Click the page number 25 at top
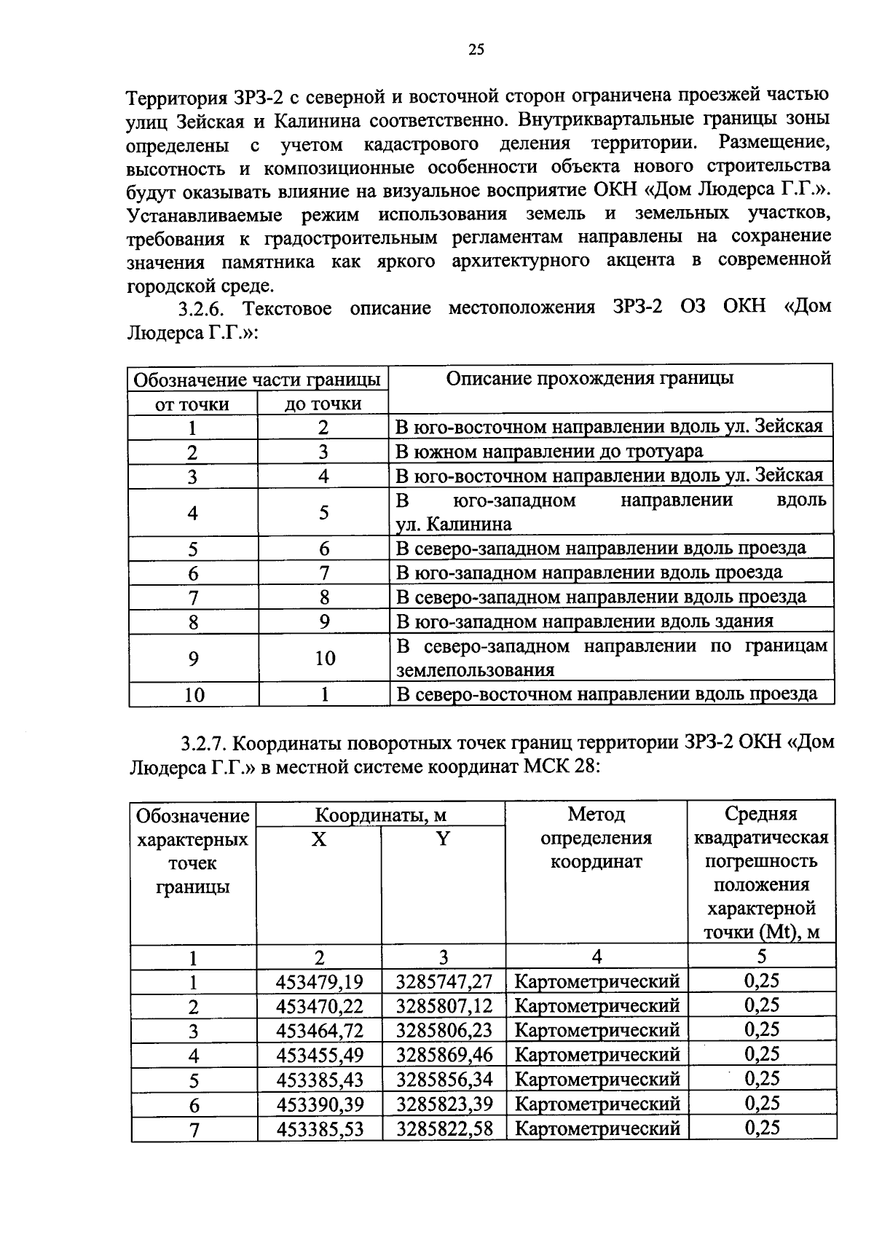[x=476, y=50]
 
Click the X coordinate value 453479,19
[x=319, y=982]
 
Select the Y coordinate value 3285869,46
[x=444, y=1054]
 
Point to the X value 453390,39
[x=319, y=1104]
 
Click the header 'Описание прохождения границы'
[x=589, y=378]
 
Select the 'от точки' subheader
[x=192, y=404]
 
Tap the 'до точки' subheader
[x=323, y=404]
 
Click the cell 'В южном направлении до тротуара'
[x=548, y=452]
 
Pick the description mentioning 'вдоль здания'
[x=584, y=621]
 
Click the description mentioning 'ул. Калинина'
[x=610, y=512]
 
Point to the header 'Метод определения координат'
[x=596, y=838]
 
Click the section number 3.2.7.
[x=206, y=743]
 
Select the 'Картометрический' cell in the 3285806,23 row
[x=597, y=1030]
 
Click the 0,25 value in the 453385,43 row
[x=761, y=1079]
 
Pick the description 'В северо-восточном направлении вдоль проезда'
[x=606, y=694]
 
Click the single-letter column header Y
[x=442, y=839]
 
